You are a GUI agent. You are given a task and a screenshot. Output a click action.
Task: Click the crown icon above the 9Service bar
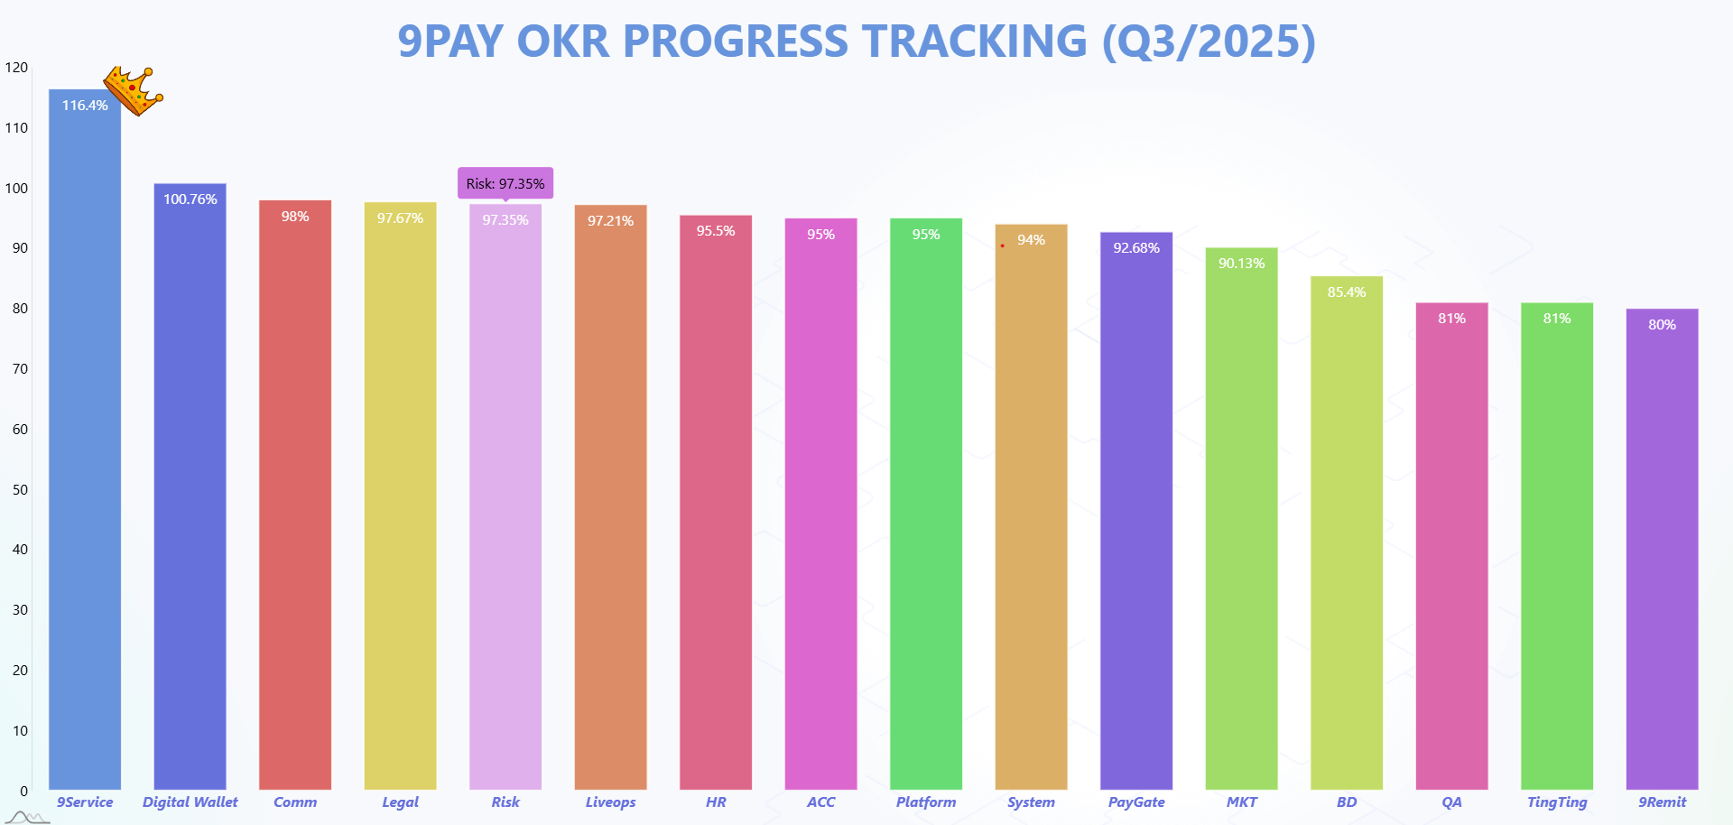(x=133, y=91)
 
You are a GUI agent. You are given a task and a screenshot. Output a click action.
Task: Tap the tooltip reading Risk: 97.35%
(x=505, y=183)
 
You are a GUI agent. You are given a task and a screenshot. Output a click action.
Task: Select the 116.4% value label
(x=85, y=106)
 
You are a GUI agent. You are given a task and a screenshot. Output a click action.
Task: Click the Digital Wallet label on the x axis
(x=190, y=802)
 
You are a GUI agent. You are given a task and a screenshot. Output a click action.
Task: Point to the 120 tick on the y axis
(x=16, y=68)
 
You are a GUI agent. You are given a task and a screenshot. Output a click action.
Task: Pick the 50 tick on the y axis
(x=20, y=489)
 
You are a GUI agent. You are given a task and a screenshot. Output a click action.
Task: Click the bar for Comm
(x=295, y=495)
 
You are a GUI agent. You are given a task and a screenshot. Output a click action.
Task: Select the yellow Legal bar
(x=400, y=496)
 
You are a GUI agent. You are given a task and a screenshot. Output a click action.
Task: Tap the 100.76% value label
(x=190, y=199)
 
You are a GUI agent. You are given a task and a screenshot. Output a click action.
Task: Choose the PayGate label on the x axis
(x=1136, y=802)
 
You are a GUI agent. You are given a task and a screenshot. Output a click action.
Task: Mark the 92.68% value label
(x=1136, y=248)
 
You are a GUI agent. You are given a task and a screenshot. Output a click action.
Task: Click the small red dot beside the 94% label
(x=1002, y=246)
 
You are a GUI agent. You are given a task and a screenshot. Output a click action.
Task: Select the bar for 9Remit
(x=1662, y=549)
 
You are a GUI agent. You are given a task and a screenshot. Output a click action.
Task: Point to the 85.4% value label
(x=1347, y=292)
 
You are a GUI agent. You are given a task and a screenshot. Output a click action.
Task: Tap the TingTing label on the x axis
(x=1557, y=802)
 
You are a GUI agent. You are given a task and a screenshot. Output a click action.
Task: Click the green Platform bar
(x=926, y=504)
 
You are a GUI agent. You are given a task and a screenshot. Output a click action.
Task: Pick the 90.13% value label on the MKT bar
(x=1242, y=264)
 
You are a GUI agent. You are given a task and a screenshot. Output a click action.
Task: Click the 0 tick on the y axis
(x=24, y=791)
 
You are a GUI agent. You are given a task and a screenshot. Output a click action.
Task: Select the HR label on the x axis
(x=716, y=802)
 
